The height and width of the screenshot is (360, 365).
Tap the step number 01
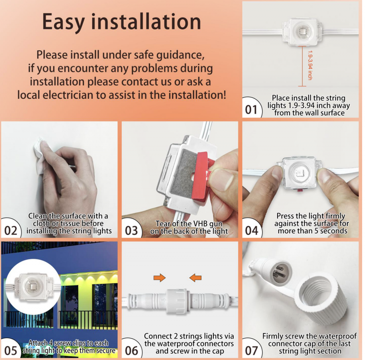251,110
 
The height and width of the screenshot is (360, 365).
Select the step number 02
11,231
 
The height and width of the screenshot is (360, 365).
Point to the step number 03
131,231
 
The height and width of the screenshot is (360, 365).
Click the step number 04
251,231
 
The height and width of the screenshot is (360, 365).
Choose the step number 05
11,351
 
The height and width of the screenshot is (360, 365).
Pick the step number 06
131,351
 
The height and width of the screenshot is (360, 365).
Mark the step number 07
251,351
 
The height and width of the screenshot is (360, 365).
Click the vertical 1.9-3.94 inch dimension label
310,66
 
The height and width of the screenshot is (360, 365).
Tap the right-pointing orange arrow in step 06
159,278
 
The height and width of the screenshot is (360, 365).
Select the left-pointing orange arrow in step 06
195,278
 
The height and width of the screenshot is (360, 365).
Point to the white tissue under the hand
40,154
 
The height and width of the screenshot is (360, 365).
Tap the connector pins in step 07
279,272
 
